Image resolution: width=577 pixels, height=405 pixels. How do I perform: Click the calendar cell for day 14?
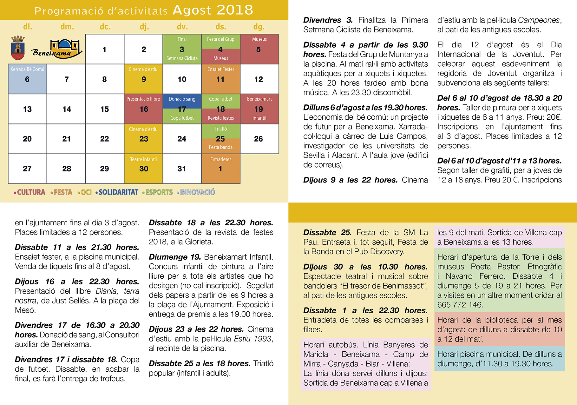(x=66, y=109)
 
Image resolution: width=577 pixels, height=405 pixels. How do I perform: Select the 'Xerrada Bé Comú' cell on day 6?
(x=27, y=79)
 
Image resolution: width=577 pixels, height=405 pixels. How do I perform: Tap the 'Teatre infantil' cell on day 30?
(x=143, y=169)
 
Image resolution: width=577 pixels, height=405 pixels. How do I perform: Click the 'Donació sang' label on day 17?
(x=182, y=99)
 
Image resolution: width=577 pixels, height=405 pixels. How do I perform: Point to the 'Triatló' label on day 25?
(x=221, y=129)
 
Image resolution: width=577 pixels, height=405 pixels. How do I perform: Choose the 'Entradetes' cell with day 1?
(x=220, y=169)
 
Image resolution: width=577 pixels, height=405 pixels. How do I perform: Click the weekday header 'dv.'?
(x=182, y=27)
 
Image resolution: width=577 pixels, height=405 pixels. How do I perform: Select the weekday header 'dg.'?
(x=259, y=27)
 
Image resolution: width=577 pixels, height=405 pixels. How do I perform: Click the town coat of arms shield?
(x=18, y=48)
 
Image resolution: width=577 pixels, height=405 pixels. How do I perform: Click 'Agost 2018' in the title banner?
(x=213, y=10)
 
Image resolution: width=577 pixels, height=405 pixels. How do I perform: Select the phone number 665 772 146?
(x=460, y=305)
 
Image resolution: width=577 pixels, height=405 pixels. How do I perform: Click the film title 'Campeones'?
(x=539, y=20)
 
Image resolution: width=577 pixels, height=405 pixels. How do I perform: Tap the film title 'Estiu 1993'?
(x=252, y=339)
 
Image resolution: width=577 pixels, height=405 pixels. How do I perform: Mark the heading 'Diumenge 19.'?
(x=175, y=257)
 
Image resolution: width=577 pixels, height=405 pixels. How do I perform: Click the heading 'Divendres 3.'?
(x=328, y=20)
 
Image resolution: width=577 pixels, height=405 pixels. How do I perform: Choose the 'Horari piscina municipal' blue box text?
(x=499, y=359)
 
